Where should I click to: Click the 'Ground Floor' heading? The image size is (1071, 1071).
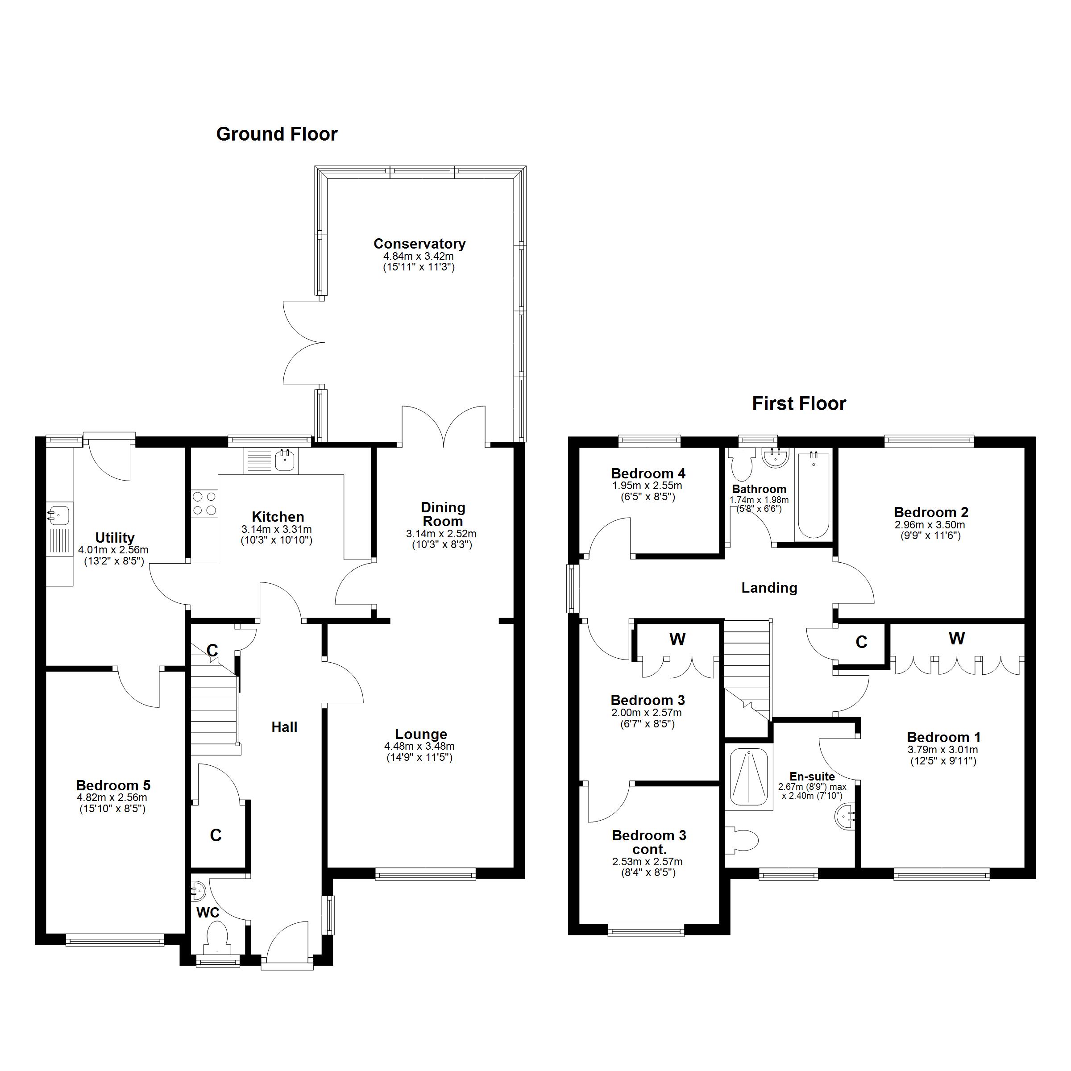tap(277, 134)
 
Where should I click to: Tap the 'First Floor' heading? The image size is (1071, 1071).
tap(799, 403)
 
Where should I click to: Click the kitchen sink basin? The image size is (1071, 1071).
tap(285, 460)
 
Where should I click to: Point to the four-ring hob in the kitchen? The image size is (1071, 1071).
tap(204, 503)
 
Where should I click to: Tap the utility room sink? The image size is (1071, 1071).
tap(59, 515)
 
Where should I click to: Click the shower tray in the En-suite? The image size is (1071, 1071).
tap(748, 777)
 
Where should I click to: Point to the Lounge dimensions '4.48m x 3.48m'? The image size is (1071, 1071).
tap(419, 746)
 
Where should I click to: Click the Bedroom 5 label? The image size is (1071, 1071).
tap(113, 785)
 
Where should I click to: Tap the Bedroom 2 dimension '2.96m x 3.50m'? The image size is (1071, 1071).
tap(930, 524)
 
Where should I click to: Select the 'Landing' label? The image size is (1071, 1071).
tap(769, 588)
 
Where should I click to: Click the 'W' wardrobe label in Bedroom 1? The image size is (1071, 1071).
tap(956, 639)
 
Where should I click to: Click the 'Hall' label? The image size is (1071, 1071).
tap(284, 727)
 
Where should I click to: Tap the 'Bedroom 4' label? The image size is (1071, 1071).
tap(648, 473)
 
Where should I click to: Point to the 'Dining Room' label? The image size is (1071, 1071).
tap(443, 514)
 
